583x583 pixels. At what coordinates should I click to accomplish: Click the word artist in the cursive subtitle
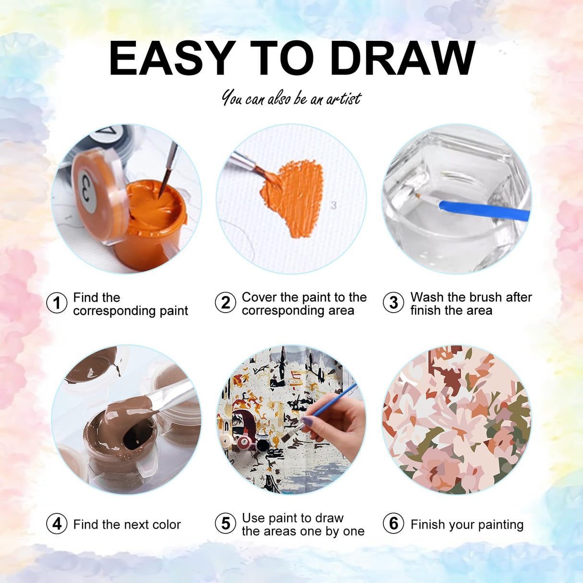344,98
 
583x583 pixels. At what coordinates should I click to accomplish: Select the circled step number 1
57,303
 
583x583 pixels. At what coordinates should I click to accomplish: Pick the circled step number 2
225,303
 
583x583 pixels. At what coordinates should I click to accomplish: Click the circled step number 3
393,303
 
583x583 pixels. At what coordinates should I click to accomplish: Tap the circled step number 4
57,524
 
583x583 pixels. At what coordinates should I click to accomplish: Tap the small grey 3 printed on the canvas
334,206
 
